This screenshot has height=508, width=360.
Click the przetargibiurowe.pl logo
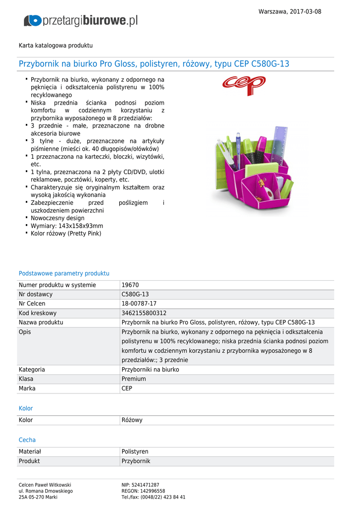point(81,21)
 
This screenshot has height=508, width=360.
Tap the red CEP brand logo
point(244,86)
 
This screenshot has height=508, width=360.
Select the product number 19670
point(130,285)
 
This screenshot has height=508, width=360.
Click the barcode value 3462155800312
point(144,314)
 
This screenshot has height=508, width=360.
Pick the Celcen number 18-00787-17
point(139,304)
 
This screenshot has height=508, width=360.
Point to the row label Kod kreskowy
point(38,314)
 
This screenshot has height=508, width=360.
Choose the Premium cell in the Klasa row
point(134,379)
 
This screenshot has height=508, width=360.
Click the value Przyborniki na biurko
point(150,370)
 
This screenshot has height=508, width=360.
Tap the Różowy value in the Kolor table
point(132,420)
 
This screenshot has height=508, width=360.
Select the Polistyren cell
point(135,452)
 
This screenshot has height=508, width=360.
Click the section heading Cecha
point(27,440)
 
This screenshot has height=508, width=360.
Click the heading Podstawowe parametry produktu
point(64,273)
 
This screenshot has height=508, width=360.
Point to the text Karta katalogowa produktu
point(56,46)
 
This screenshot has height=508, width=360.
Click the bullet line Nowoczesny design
point(58,218)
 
